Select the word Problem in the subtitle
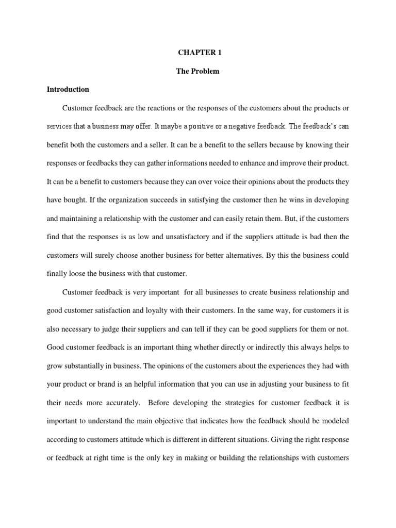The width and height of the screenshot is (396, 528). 205,71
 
